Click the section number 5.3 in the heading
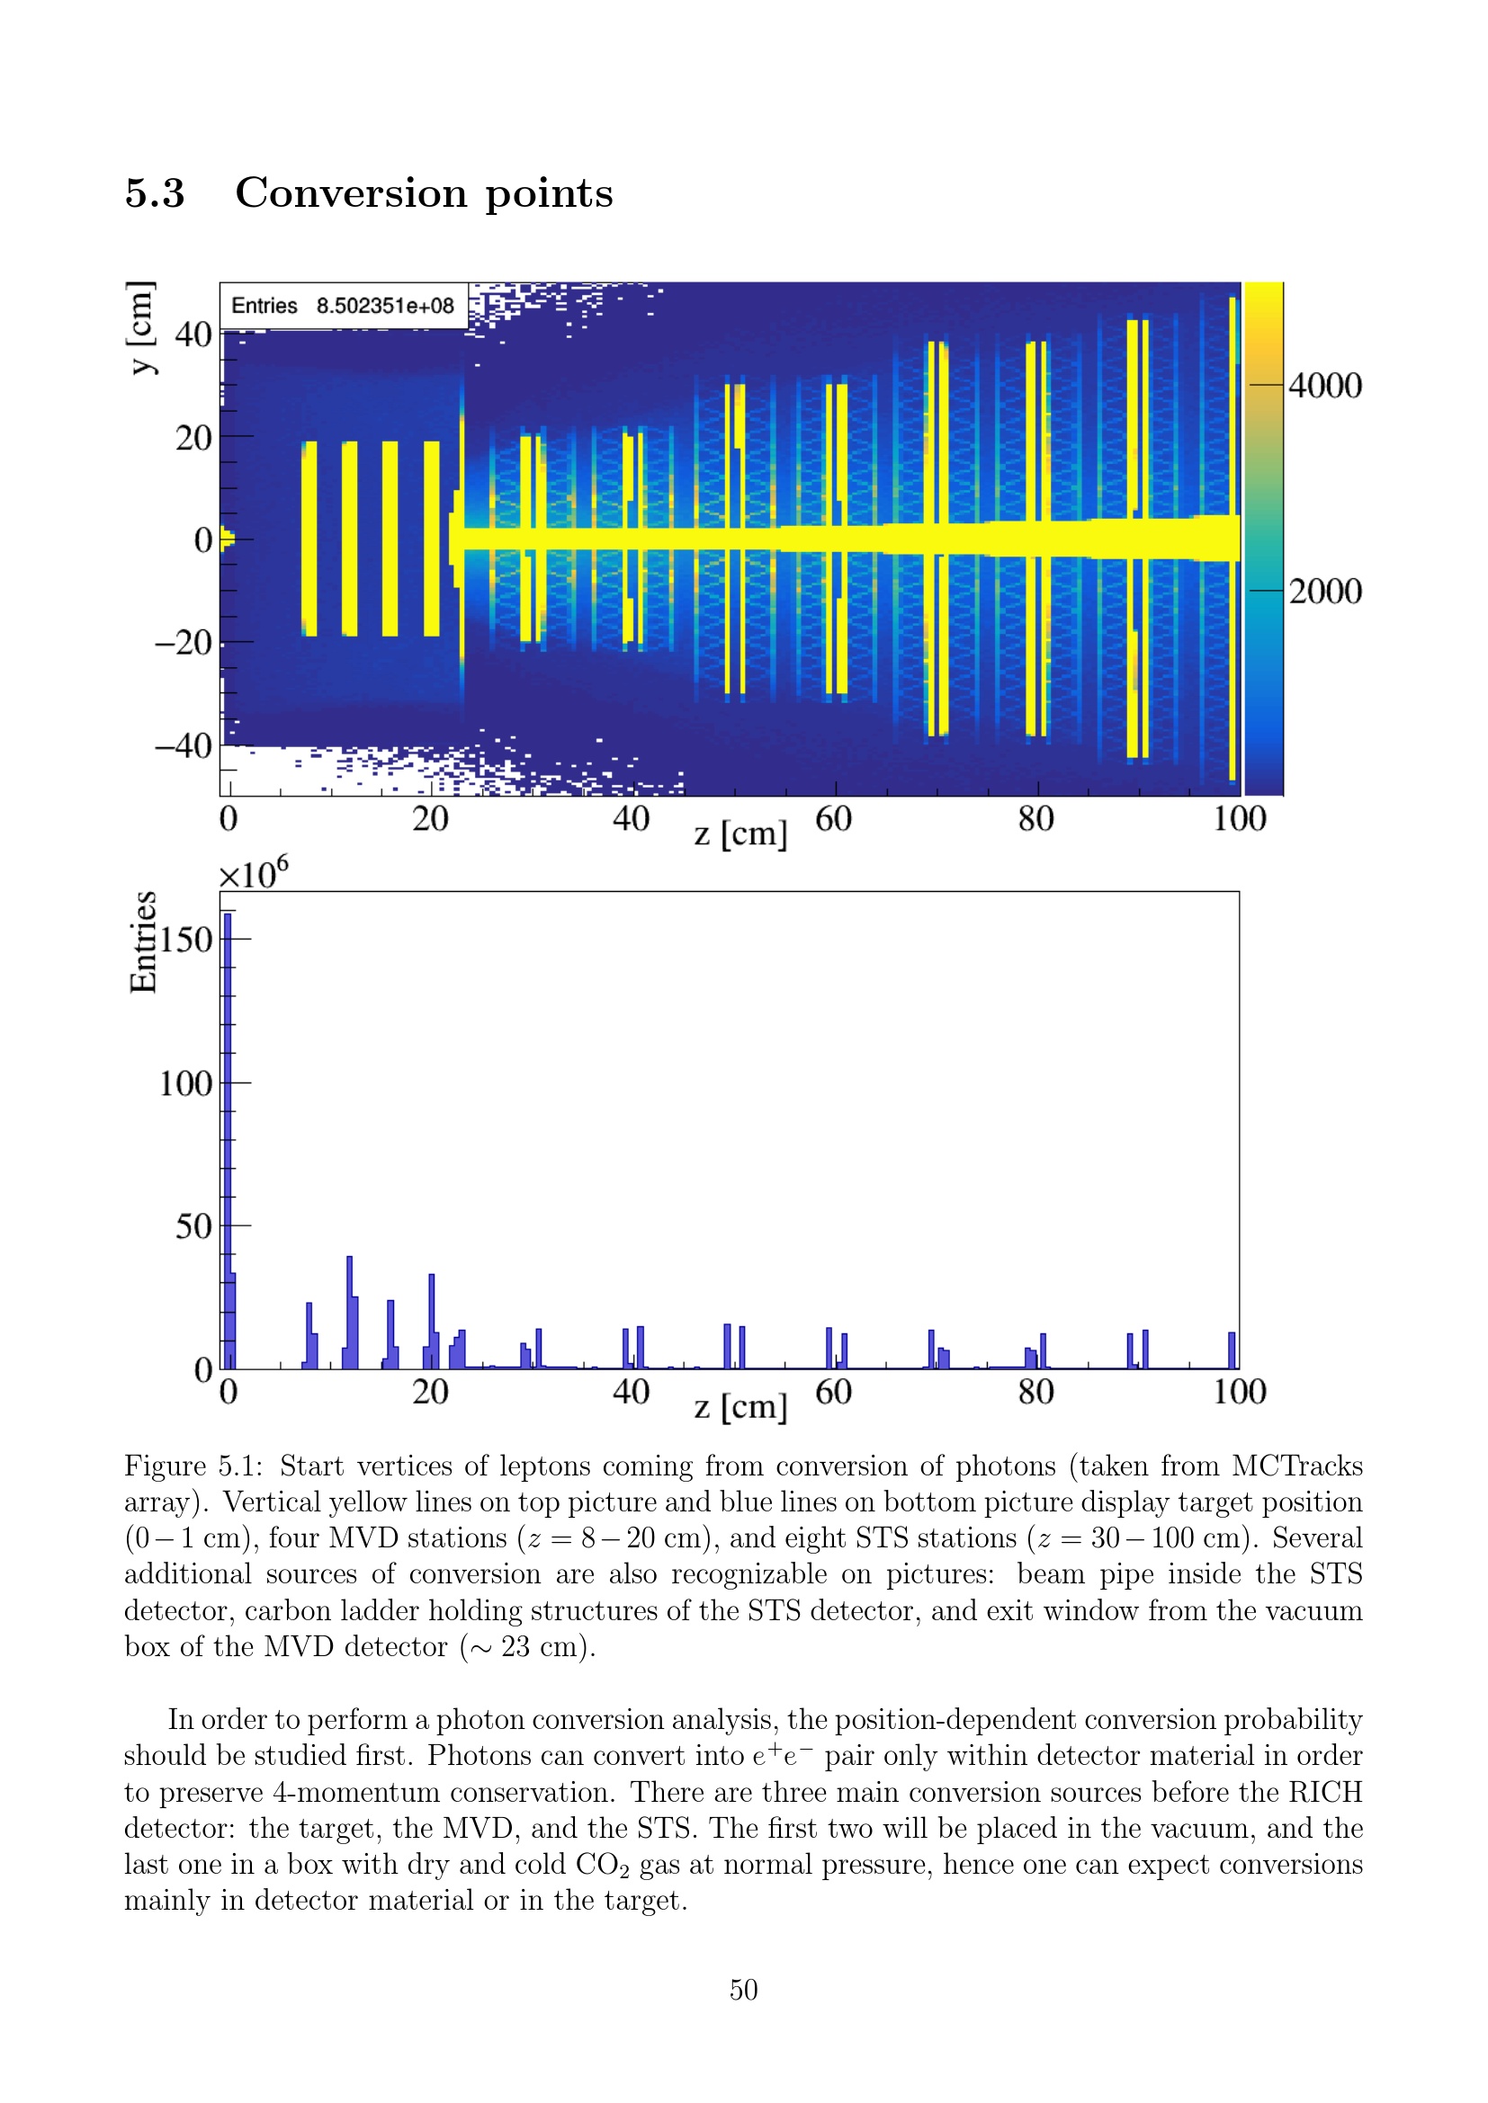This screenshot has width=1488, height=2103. coord(155,193)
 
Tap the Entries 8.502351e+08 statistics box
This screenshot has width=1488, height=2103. coord(344,306)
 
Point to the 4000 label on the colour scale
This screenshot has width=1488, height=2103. coord(1325,386)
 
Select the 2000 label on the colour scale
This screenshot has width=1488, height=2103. coord(1325,592)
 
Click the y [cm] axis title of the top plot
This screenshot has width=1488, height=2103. coord(141,328)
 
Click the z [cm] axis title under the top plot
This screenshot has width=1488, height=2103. coord(740,834)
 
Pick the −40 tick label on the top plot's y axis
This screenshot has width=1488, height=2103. coord(184,745)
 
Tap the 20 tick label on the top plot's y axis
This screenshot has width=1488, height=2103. coord(193,438)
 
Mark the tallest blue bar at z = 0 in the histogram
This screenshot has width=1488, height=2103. coord(228,1140)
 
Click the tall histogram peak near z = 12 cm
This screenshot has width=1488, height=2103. coord(350,1312)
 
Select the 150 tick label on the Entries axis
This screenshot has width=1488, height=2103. coord(186,940)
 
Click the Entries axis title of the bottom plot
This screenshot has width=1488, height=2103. coord(144,941)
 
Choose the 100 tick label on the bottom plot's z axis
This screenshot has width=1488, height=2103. coord(1239,1392)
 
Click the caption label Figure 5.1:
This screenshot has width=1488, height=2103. coord(194,1466)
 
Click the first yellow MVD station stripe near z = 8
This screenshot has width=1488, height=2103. coord(309,539)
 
